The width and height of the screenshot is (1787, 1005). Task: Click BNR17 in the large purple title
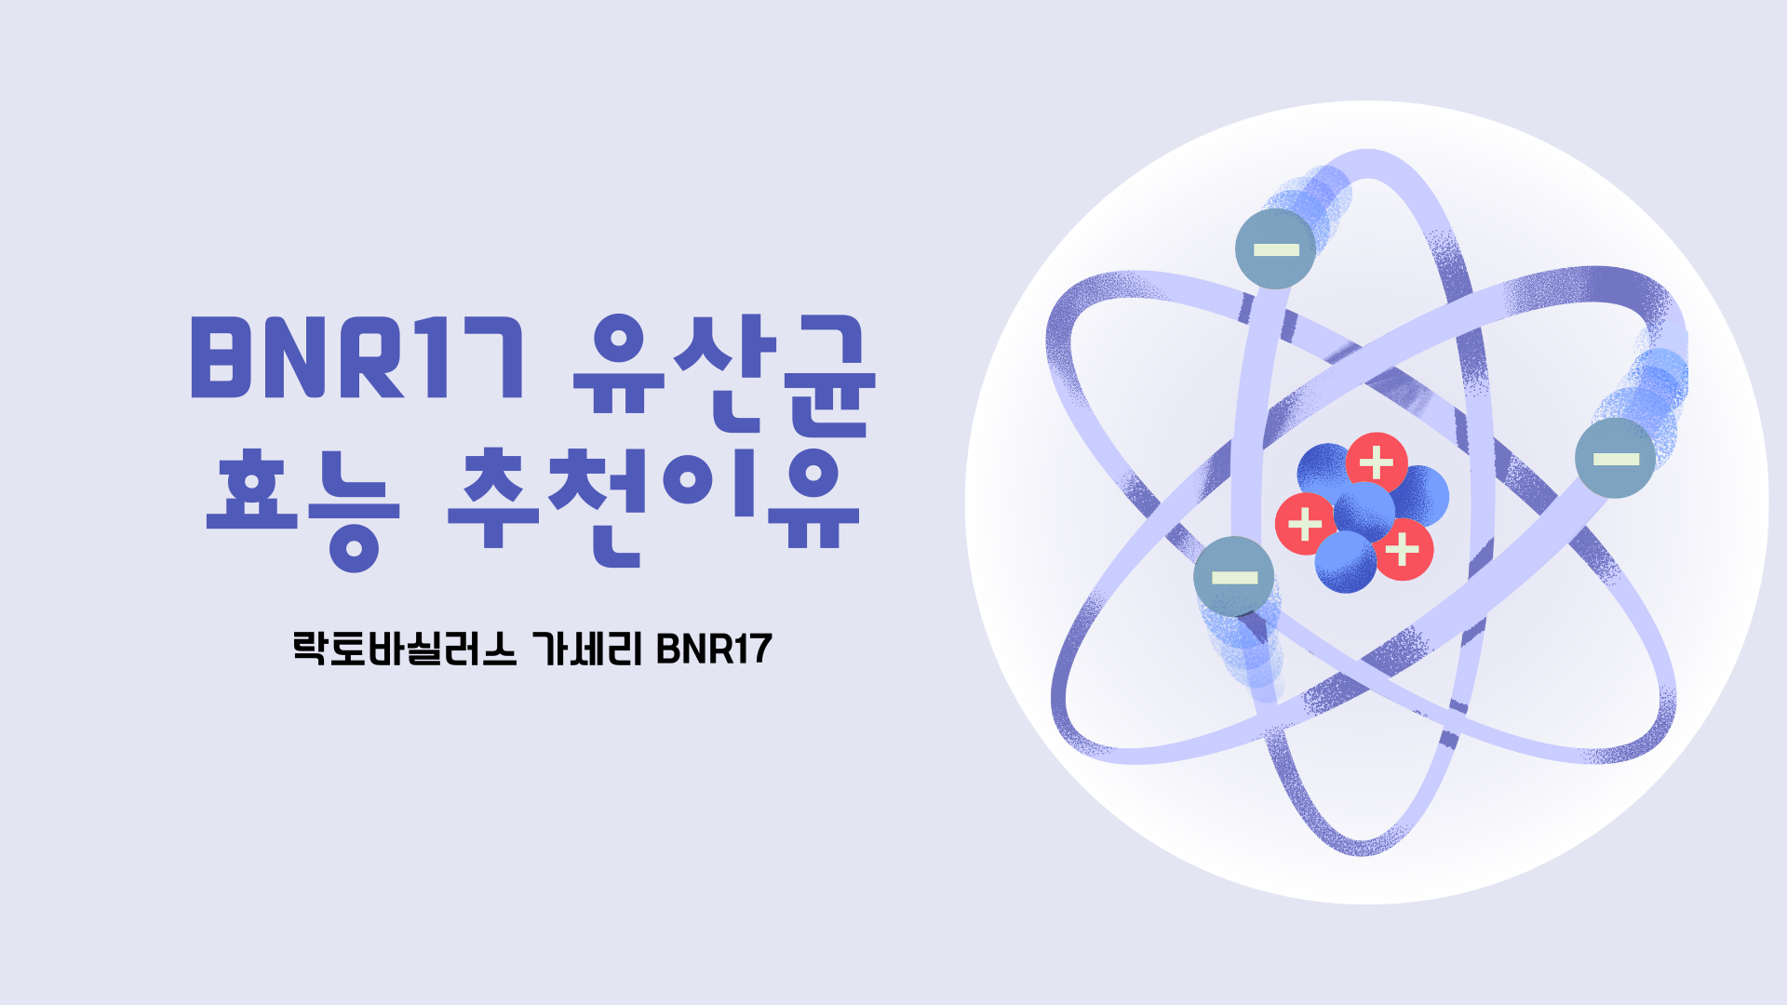[358, 358]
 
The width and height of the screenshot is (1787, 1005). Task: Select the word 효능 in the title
[302, 507]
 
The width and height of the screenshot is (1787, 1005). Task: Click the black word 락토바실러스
[404, 649]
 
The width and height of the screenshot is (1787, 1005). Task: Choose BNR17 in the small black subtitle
[714, 649]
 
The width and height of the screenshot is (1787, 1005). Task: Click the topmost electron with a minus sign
[1275, 248]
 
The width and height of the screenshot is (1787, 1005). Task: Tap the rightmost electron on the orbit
[1615, 458]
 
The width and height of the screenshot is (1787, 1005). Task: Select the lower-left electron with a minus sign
[1234, 577]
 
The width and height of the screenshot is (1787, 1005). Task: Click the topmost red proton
[1377, 462]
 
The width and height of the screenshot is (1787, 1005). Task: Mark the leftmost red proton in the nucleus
[1305, 524]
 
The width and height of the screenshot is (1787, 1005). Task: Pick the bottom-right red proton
[1403, 550]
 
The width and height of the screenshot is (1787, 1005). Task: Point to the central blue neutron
[1364, 511]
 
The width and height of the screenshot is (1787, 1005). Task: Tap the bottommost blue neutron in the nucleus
[1345, 562]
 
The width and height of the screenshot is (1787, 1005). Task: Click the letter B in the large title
[224, 358]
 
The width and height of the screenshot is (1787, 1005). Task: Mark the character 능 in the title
[354, 512]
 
